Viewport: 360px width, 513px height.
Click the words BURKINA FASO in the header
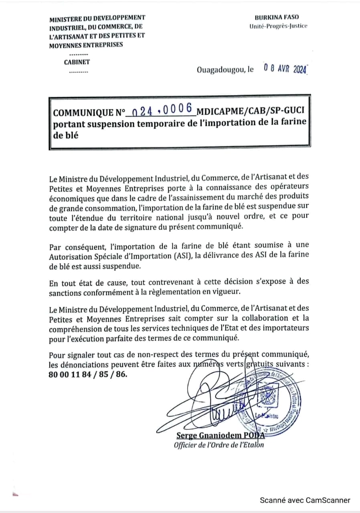click(277, 17)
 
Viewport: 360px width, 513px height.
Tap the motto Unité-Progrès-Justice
click(278, 26)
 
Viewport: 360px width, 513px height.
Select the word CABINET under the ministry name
click(77, 62)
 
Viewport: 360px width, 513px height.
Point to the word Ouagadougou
click(220, 70)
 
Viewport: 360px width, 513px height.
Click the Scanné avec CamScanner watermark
click(305, 500)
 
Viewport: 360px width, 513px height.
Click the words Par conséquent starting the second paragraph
click(75, 246)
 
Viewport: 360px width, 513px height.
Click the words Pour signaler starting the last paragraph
click(72, 355)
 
